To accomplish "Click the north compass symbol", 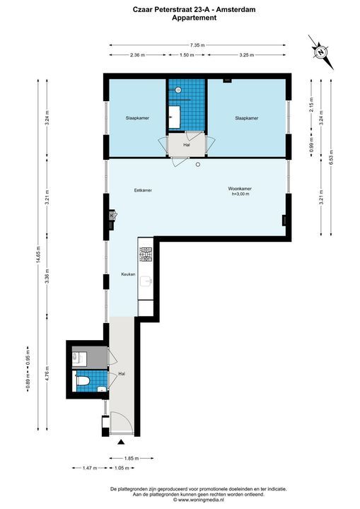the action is coord(321,52).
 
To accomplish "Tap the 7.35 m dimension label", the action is coord(197,45).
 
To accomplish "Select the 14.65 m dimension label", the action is coord(38,255).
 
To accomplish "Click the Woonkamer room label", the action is coord(240,189).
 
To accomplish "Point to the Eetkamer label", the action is coord(143,190).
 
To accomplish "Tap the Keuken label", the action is coord(128,274).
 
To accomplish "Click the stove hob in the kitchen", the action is coord(146,255).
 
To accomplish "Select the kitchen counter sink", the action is coord(146,282).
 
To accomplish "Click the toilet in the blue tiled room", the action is coord(83,380).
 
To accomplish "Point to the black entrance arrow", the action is coord(121,441).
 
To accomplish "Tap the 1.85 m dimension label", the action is coord(132,458).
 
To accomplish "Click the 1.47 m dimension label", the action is coord(90,468).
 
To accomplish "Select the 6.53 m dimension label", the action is coord(331,157).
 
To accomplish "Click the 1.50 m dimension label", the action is coord(187,55).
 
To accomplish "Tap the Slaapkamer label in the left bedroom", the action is coord(137,118).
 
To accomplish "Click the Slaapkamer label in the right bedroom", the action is coord(247,118).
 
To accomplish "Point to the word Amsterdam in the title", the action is coord(236,10).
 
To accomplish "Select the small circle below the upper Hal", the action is coord(197,165).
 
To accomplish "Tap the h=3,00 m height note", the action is coord(240,194).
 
